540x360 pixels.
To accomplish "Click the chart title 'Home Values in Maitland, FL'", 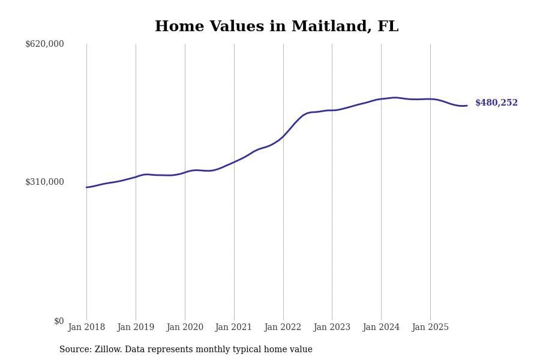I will click(277, 27).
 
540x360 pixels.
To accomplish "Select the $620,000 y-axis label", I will click(44, 44).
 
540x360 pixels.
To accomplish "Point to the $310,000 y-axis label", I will click(44, 182).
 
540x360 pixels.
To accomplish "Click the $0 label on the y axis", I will click(59, 321).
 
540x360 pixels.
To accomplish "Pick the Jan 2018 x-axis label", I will click(86, 327).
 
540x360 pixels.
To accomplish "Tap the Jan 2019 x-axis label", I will click(136, 327).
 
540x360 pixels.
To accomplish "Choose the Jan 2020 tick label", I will click(185, 327).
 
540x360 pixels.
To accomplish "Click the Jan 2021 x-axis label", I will click(234, 327).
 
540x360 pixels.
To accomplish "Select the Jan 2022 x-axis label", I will click(283, 327).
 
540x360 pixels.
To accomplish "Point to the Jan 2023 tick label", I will click(332, 327).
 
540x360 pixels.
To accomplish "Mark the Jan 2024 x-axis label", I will click(381, 327).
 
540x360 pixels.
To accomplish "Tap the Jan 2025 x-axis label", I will click(430, 327).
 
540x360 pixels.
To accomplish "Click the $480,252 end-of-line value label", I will click(496, 103).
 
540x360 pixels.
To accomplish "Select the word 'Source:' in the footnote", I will click(75, 350).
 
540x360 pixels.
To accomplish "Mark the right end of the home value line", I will click(467, 106).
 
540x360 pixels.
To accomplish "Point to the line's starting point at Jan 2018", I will click(86, 187).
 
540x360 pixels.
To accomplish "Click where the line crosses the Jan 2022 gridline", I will click(283, 136).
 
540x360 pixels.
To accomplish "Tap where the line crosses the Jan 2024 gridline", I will click(381, 99).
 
